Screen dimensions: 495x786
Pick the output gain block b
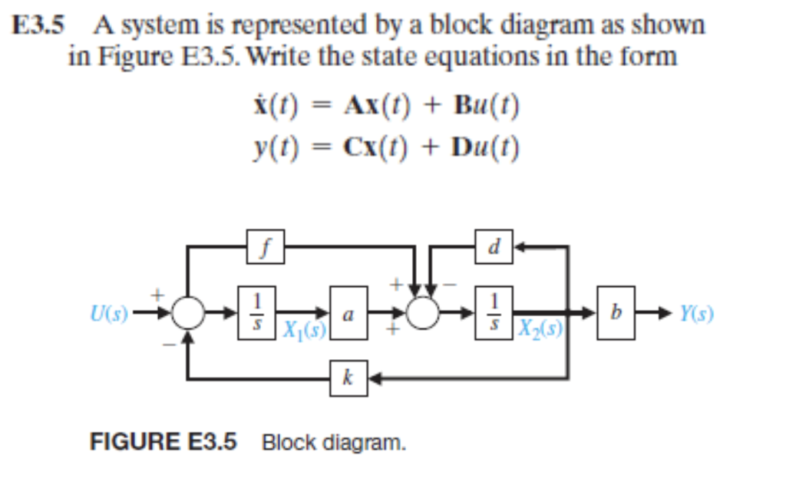coord(616,315)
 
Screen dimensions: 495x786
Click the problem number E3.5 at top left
coord(38,25)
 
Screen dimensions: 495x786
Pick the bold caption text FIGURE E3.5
coord(163,442)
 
